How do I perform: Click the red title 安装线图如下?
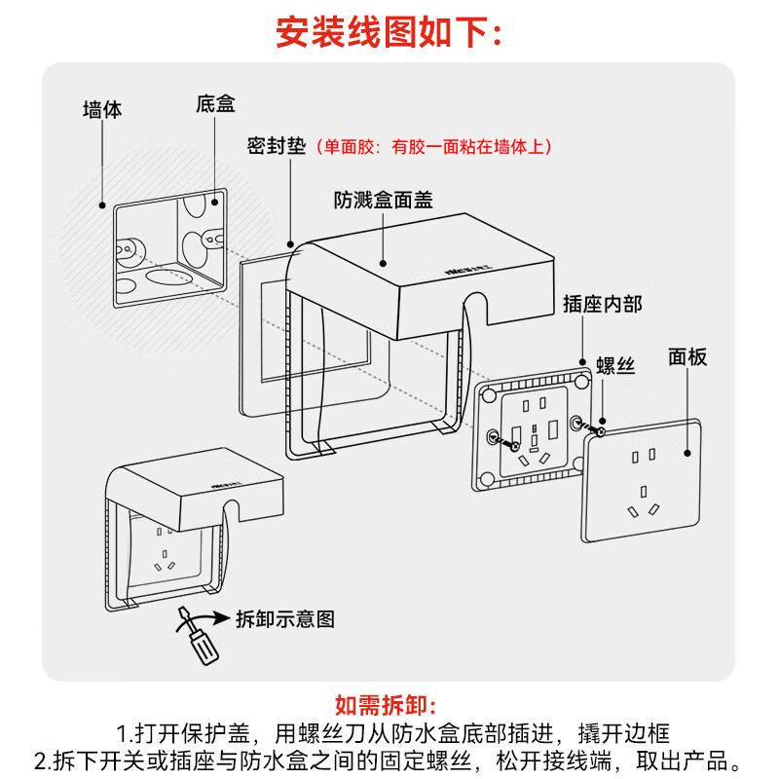(x=389, y=33)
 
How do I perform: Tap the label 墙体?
(x=102, y=110)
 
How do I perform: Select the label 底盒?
(x=215, y=104)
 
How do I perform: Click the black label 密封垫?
(x=277, y=147)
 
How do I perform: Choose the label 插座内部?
(x=603, y=304)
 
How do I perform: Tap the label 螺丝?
(x=615, y=366)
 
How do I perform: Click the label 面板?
(x=687, y=356)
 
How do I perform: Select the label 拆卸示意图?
(x=285, y=618)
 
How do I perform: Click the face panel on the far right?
(x=643, y=481)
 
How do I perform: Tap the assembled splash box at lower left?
(x=190, y=531)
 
